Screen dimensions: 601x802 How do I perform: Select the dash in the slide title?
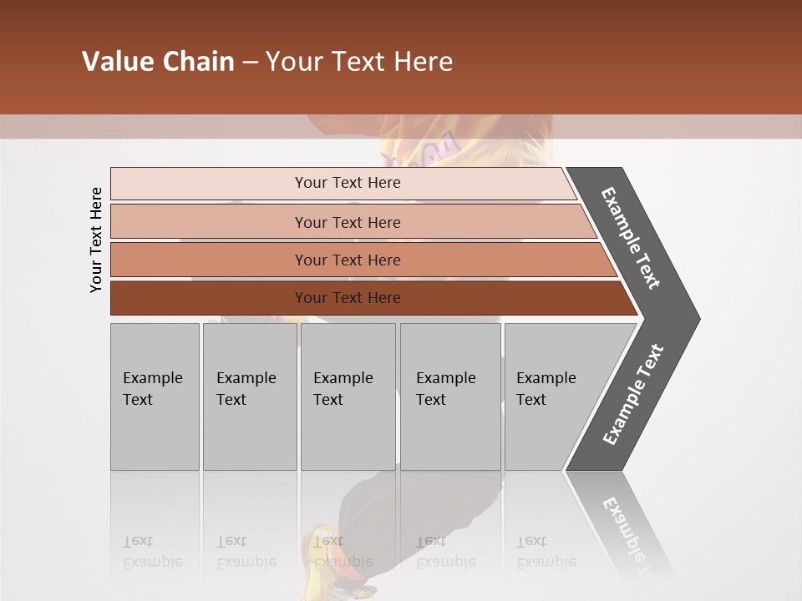251,63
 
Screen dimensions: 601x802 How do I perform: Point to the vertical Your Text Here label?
96,240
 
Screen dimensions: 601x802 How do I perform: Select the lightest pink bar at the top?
343,183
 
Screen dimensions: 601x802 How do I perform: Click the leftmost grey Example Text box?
155,396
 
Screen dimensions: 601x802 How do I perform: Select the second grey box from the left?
250,396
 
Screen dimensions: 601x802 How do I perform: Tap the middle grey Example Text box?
348,396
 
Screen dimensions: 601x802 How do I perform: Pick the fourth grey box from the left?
450,396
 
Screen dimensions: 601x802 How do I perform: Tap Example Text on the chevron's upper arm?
631,238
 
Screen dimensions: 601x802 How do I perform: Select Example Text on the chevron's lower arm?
633,395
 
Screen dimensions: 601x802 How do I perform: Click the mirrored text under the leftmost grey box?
153,552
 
